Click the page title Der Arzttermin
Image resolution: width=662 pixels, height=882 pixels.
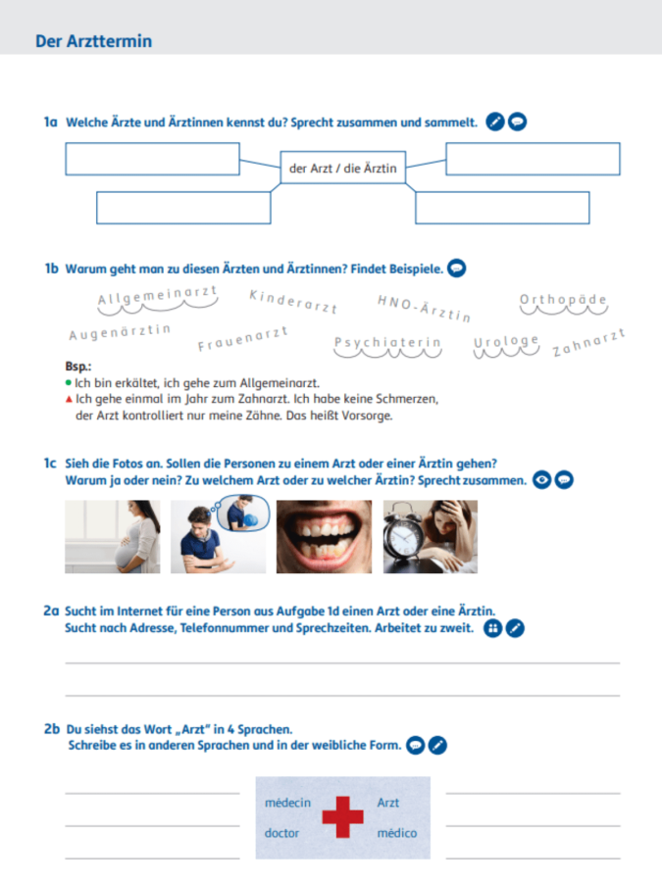click(93, 41)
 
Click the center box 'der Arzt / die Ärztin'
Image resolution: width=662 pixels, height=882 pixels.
click(343, 168)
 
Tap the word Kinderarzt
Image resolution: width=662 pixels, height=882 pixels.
click(292, 302)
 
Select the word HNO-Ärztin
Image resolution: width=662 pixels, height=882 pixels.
click(424, 309)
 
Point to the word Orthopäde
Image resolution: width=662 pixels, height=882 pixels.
click(563, 299)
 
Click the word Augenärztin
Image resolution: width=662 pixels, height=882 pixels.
click(120, 332)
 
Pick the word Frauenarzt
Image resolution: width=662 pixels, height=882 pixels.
click(242, 338)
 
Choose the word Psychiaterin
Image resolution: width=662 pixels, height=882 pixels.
click(387, 343)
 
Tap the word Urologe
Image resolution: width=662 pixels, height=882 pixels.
click(506, 341)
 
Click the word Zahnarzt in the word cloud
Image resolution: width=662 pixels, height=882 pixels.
click(588, 343)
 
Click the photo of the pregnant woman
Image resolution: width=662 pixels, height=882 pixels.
click(113, 537)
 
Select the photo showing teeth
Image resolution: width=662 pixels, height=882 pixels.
click(325, 537)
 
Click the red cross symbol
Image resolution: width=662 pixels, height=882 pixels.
click(343, 816)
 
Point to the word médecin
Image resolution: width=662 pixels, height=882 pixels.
click(287, 803)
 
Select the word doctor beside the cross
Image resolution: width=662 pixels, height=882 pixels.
click(281, 833)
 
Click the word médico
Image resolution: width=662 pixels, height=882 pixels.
click(397, 833)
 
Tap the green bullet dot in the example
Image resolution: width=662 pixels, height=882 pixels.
click(69, 383)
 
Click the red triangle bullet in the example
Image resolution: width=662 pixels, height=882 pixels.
click(69, 400)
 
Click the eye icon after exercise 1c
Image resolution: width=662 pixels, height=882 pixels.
click(541, 480)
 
